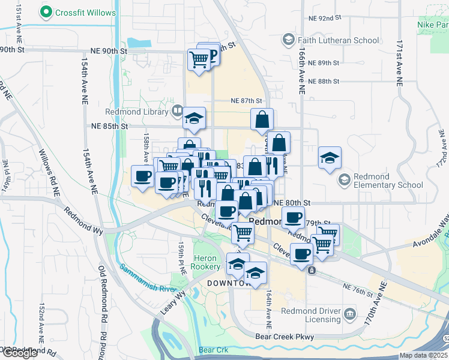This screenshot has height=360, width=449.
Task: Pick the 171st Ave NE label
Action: click(399, 65)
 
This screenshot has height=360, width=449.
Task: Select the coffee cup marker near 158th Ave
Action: click(143, 176)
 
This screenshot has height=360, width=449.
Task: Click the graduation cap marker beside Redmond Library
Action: click(194, 118)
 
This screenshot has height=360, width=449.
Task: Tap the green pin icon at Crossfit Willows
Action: click(45, 12)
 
